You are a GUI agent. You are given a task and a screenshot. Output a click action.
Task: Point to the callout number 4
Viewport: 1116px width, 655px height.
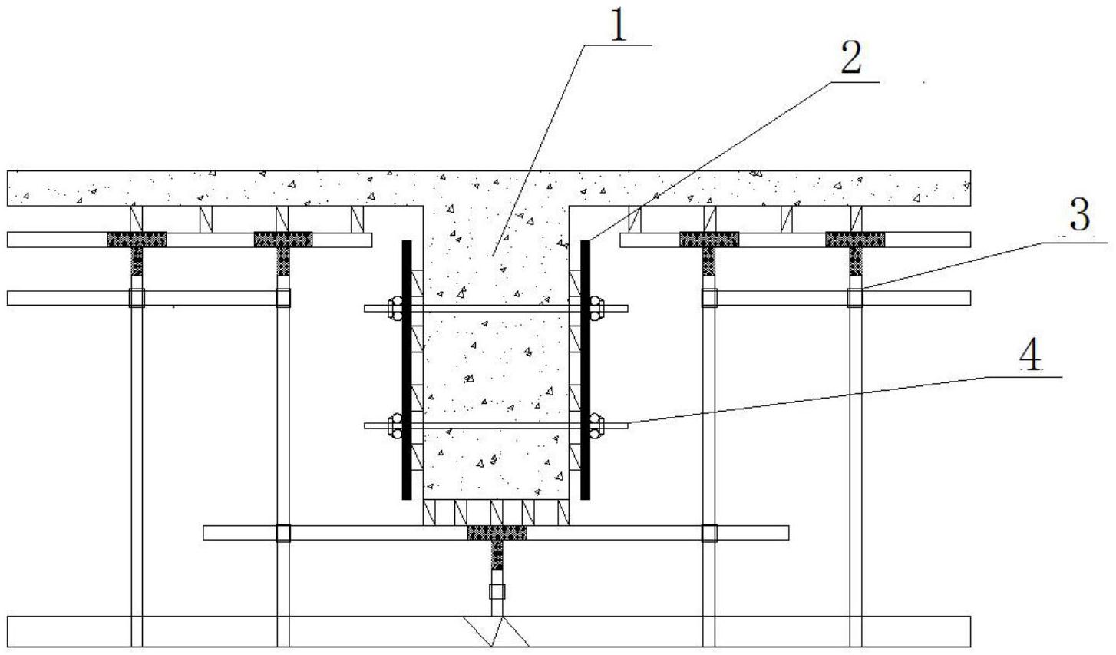tap(1030, 354)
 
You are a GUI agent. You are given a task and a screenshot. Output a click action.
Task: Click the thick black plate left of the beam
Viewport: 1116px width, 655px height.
tap(407, 370)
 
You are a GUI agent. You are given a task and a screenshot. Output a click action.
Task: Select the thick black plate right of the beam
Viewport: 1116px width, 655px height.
tap(586, 370)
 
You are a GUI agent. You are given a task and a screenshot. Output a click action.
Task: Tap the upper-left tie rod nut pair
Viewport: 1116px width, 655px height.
tap(395, 309)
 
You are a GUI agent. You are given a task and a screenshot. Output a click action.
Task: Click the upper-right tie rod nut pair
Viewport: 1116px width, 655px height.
tap(597, 309)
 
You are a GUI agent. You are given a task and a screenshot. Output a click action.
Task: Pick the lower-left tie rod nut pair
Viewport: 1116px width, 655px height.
tap(395, 425)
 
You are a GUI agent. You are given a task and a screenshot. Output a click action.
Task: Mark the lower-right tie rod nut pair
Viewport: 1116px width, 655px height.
tap(597, 425)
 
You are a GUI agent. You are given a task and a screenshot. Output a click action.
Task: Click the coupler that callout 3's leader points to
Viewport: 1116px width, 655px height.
tap(856, 298)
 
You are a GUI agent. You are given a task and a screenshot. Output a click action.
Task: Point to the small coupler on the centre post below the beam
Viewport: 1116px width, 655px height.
tap(497, 592)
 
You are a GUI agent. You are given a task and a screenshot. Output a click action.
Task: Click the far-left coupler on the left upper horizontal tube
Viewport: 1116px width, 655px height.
tap(137, 298)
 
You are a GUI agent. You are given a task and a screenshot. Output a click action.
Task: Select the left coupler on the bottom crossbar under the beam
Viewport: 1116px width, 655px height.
tap(283, 533)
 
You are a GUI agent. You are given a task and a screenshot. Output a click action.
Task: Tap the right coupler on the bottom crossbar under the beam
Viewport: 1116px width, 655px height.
tap(709, 533)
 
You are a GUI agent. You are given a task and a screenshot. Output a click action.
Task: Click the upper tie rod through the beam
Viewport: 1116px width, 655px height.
tap(496, 309)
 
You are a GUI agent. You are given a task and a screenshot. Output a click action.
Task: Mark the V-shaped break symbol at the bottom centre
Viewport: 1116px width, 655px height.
tap(497, 631)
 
